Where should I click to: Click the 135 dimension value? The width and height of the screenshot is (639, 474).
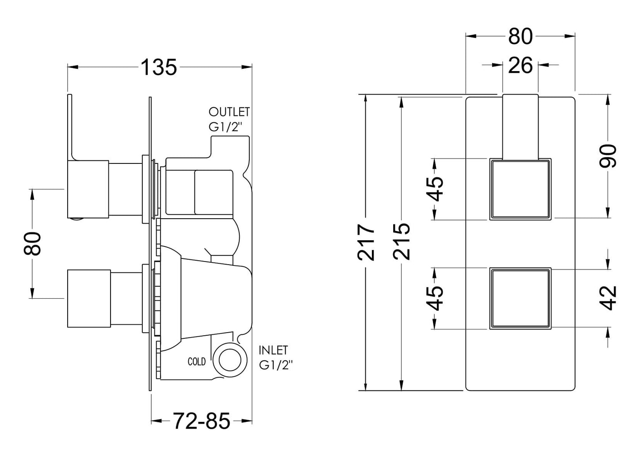pos(159,68)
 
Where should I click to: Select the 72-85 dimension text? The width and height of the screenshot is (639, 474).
pos(202,421)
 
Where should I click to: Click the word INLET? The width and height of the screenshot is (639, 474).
pos(273,350)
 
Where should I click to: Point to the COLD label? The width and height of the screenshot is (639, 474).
pos(197,362)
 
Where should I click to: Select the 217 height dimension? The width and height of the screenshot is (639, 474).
pos(367,242)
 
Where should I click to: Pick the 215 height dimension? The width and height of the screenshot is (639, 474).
pos(402,242)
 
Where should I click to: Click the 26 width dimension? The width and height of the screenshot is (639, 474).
pos(520,66)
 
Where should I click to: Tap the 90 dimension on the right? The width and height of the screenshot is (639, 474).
pos(608,155)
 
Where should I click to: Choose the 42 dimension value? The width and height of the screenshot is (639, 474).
pos(609,298)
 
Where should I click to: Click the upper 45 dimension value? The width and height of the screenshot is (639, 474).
pos(436,189)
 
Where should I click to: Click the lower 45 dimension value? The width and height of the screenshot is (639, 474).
pos(436,298)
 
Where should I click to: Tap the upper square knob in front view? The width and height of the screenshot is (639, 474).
pos(520,189)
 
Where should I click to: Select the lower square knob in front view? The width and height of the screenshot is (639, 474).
pos(520,298)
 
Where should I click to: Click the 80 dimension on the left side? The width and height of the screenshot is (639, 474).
pos(33,243)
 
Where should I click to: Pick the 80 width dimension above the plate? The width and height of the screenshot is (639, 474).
pos(520,37)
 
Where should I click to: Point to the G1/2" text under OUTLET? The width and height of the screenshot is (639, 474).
pos(226,127)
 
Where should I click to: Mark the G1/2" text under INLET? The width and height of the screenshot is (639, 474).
pos(276,365)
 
